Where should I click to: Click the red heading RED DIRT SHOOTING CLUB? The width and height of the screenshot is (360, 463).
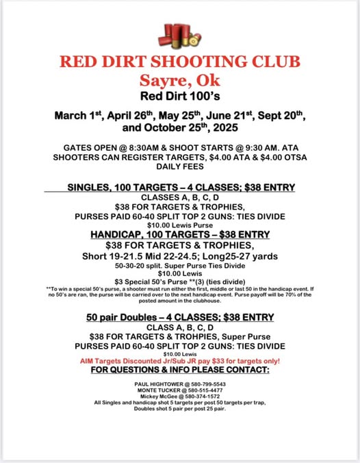[180, 61]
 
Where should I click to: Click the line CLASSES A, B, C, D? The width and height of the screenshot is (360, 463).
[180, 197]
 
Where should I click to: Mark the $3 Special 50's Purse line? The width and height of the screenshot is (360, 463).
[180, 281]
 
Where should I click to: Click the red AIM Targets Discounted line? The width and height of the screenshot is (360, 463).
[180, 361]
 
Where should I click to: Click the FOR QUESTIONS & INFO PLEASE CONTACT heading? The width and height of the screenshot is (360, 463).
[180, 370]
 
